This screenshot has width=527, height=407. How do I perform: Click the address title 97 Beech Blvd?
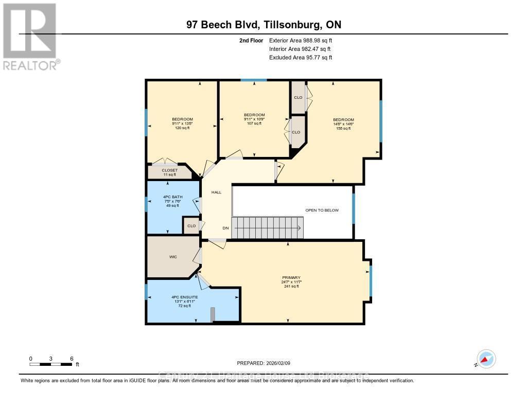263,25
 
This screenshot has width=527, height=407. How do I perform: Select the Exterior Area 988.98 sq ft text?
304,40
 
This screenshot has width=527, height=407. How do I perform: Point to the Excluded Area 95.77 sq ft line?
301,58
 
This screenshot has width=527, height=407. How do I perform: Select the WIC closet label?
173,257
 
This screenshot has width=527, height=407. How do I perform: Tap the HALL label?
216,192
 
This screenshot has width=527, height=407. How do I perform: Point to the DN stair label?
225,228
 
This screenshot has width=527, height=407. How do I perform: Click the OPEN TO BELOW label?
322,210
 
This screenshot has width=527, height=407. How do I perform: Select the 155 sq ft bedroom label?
343,124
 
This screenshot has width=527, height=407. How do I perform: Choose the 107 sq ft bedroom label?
254,119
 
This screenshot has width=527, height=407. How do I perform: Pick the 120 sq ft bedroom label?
182,123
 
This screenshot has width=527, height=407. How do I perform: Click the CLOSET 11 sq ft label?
169,172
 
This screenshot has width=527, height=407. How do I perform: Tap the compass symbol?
486,359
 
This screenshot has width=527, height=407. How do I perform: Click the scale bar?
51,364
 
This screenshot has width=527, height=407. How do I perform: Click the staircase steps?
267,228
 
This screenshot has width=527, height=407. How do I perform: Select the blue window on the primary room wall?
371,281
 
